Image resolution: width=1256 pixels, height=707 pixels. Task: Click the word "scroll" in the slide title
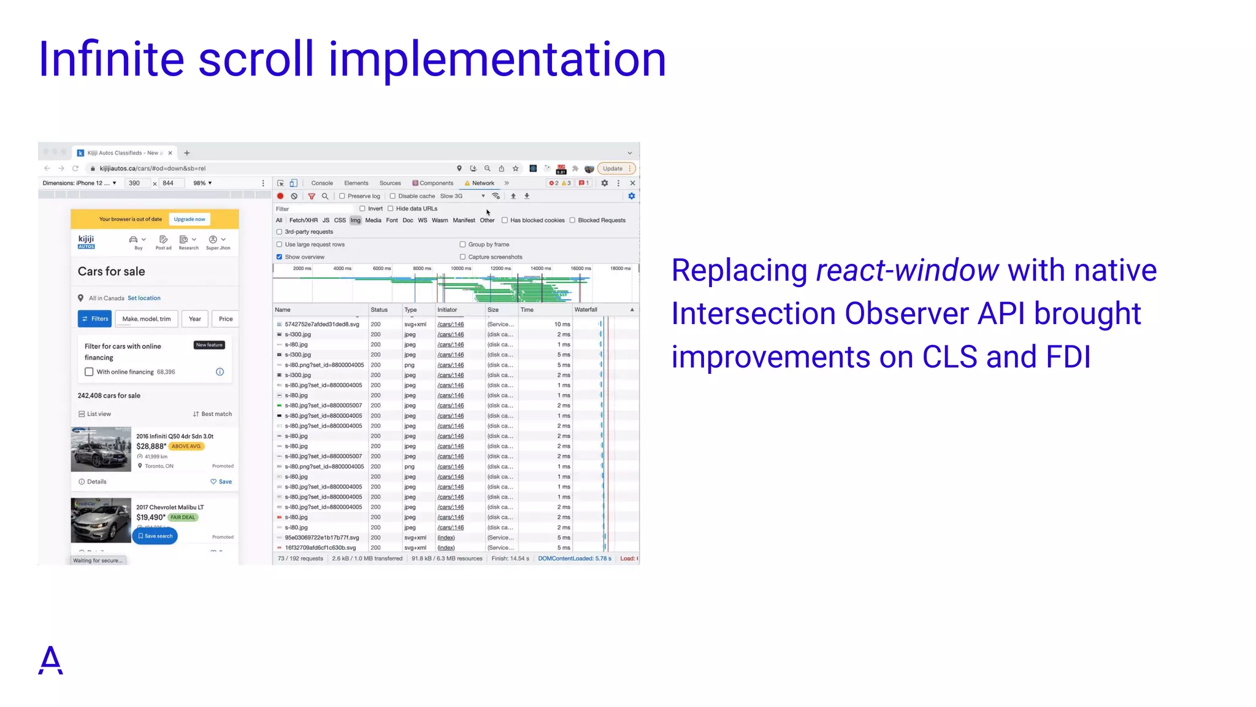(x=255, y=60)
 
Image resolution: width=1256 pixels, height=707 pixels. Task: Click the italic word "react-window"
(x=907, y=271)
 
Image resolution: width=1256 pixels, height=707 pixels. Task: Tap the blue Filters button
(x=95, y=319)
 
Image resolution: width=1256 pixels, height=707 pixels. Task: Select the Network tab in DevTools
(x=483, y=184)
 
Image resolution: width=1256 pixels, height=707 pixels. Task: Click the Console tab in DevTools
(x=321, y=184)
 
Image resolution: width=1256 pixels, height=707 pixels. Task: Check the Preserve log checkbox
(x=342, y=196)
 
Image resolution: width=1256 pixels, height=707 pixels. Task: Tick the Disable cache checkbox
(x=392, y=196)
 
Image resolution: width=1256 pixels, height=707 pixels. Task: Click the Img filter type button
(x=355, y=220)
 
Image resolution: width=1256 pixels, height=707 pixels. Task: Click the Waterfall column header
(x=586, y=310)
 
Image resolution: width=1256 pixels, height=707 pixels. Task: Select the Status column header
(x=379, y=310)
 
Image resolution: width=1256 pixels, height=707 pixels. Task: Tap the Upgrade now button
(x=190, y=219)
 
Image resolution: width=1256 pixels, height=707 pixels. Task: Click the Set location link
(x=144, y=298)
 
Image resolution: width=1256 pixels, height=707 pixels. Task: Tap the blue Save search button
(x=155, y=536)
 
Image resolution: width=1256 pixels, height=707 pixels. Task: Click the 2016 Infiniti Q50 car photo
(x=101, y=449)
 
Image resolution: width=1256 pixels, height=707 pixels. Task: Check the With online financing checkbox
(x=90, y=372)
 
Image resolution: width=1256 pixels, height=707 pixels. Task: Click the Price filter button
(x=226, y=319)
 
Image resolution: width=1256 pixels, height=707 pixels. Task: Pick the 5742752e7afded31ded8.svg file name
(x=322, y=325)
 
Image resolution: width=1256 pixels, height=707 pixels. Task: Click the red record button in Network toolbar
(x=280, y=196)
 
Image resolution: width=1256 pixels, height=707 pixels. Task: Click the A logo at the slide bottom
(x=50, y=660)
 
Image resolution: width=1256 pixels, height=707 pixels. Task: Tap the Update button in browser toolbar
(x=613, y=169)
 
